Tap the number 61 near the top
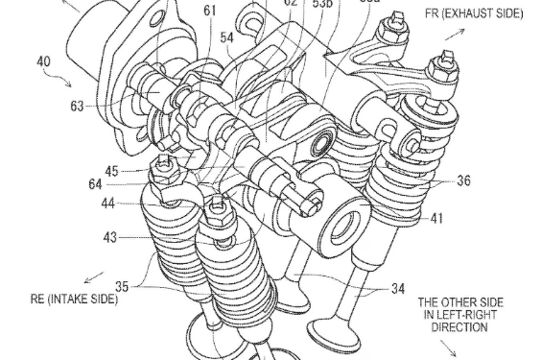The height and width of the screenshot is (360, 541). (236, 10)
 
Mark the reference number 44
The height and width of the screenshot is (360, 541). (111, 204)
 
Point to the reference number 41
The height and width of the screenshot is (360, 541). (437, 219)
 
